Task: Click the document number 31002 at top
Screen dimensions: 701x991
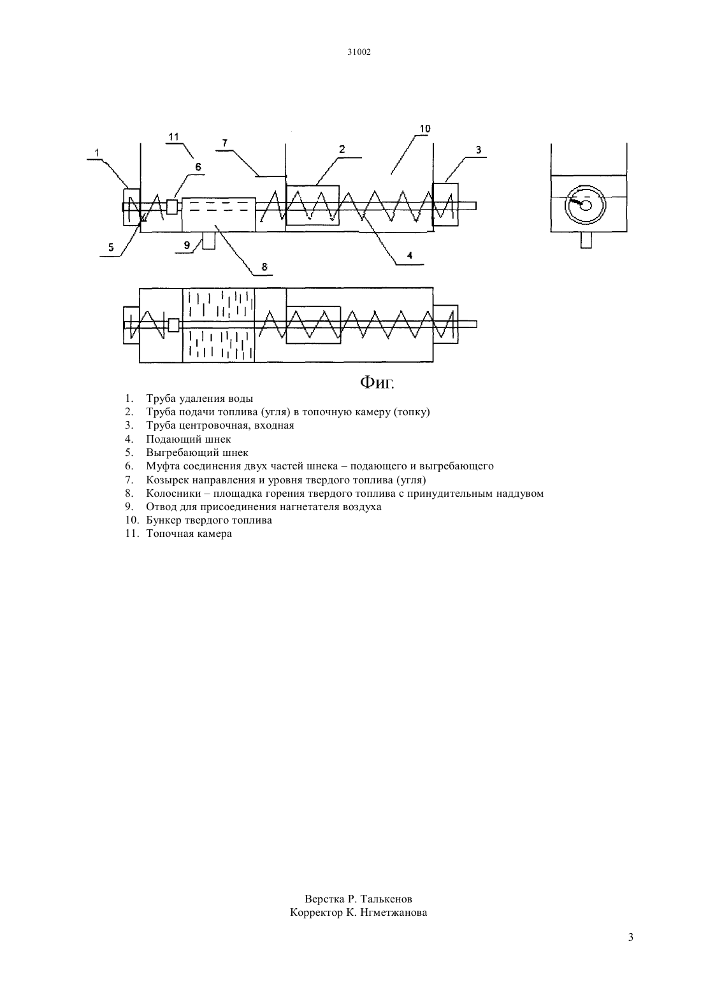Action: coord(359,52)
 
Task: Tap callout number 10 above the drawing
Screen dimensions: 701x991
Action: coord(425,128)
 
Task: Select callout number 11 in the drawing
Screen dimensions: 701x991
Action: coord(173,137)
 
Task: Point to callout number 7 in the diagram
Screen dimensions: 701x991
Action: coord(225,143)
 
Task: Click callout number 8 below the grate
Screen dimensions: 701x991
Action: coord(264,267)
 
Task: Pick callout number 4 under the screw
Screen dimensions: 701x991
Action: coord(410,255)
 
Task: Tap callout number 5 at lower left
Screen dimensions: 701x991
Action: coord(111,247)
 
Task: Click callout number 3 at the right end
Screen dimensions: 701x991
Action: coord(479,150)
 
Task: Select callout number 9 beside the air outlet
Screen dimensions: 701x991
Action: coord(187,245)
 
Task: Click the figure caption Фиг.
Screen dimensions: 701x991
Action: coord(377,383)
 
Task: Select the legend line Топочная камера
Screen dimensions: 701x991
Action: coord(189,534)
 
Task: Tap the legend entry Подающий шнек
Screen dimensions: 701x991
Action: coord(189,439)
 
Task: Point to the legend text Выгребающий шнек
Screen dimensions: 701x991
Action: coord(198,453)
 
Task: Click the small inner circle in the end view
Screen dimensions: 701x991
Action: coord(586,206)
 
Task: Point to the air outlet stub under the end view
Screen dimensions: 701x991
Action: coord(586,239)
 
